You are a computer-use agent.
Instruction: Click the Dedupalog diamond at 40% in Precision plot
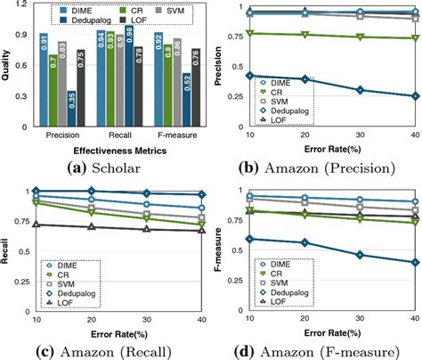coord(416,96)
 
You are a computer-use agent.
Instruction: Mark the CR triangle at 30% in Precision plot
coord(360,37)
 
